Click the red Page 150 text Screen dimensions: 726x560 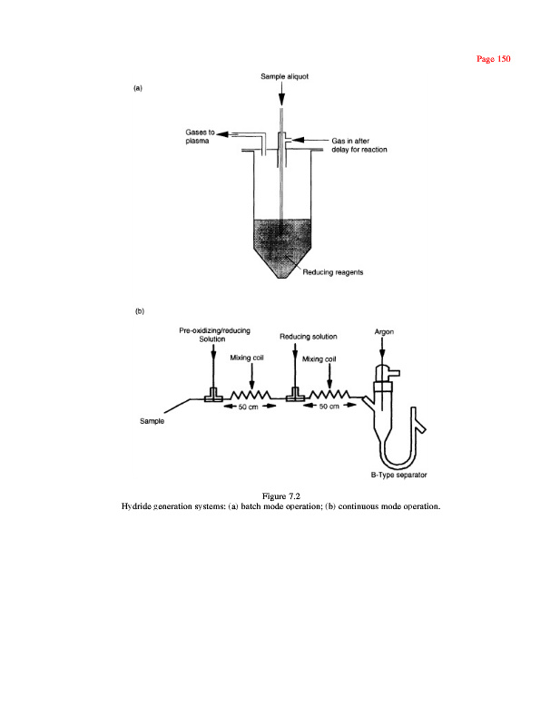pos(494,59)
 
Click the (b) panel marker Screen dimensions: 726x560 pos(139,311)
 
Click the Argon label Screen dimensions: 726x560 pos(384,332)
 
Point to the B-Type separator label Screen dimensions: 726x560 pos(398,475)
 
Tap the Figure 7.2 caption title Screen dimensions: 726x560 pos(280,495)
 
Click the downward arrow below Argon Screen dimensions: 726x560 pos(383,352)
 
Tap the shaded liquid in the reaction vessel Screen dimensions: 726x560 pos(283,238)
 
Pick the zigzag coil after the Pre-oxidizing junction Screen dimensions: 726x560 pos(249,396)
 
